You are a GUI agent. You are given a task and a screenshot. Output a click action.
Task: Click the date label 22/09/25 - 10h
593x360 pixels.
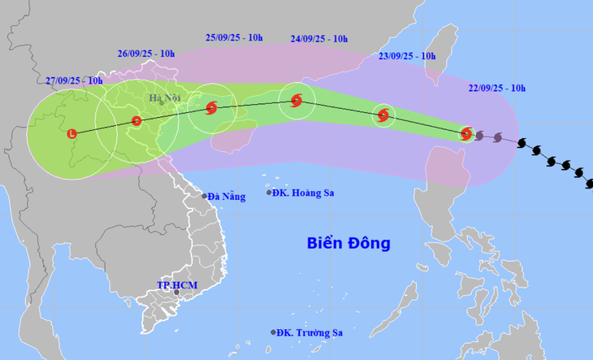tap(497, 88)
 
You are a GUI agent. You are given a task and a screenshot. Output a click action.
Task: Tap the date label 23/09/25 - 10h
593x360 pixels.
tap(407, 56)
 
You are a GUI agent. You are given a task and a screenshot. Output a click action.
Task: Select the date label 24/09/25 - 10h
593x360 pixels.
tap(319, 38)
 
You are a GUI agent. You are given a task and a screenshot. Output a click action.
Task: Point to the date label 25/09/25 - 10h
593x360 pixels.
tap(234, 37)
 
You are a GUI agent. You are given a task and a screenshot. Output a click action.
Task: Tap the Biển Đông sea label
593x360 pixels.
tap(348, 243)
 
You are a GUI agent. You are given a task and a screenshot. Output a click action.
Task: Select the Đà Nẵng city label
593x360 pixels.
tap(226, 197)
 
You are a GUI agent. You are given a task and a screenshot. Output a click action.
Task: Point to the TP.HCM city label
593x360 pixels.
tap(178, 285)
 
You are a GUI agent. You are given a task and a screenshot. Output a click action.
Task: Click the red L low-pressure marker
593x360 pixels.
tap(72, 133)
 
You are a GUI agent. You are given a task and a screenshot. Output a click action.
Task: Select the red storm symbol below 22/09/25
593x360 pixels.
tap(466, 133)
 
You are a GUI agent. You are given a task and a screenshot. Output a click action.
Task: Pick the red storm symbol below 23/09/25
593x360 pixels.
tap(383, 115)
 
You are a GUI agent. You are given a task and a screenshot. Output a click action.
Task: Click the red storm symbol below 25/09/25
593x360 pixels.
tap(212, 107)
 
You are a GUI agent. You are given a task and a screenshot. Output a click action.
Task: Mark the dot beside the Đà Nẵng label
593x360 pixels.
tap(204, 196)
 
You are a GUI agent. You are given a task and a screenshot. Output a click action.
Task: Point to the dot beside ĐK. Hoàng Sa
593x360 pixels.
tap(270, 193)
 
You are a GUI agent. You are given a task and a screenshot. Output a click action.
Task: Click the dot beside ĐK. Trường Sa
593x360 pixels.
tap(274, 332)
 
